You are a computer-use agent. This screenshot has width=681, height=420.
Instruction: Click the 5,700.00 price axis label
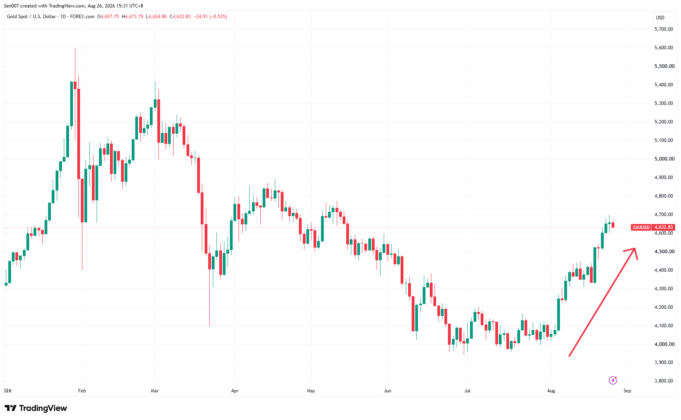[664, 29]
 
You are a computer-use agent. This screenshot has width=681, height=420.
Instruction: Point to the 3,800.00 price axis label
[664, 381]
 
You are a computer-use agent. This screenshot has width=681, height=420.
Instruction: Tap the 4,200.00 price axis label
[664, 307]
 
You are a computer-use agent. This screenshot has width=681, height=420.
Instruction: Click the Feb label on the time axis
[82, 391]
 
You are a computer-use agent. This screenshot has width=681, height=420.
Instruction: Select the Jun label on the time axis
[388, 391]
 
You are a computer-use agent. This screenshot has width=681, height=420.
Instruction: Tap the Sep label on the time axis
[627, 391]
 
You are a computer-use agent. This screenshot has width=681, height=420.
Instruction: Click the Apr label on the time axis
[235, 391]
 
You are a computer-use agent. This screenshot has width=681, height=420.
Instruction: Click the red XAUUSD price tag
[641, 227]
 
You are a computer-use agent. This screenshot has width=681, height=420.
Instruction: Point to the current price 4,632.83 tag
[664, 227]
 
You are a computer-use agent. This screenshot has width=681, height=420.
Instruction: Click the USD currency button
[660, 18]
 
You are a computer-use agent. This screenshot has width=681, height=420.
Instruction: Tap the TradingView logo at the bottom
[36, 408]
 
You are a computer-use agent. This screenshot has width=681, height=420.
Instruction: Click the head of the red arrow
[635, 248]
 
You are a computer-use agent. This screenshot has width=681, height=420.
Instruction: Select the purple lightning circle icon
[613, 380]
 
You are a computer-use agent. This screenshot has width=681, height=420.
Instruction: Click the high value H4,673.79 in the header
[132, 17]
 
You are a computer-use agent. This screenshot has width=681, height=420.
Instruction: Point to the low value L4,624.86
[156, 17]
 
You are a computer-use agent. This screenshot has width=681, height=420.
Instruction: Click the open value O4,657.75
[108, 17]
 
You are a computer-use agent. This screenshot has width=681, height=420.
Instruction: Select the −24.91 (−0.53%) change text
[211, 17]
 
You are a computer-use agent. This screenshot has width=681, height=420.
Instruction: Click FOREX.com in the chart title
[82, 17]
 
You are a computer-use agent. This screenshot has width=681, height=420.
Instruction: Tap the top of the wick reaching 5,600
[75, 49]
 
